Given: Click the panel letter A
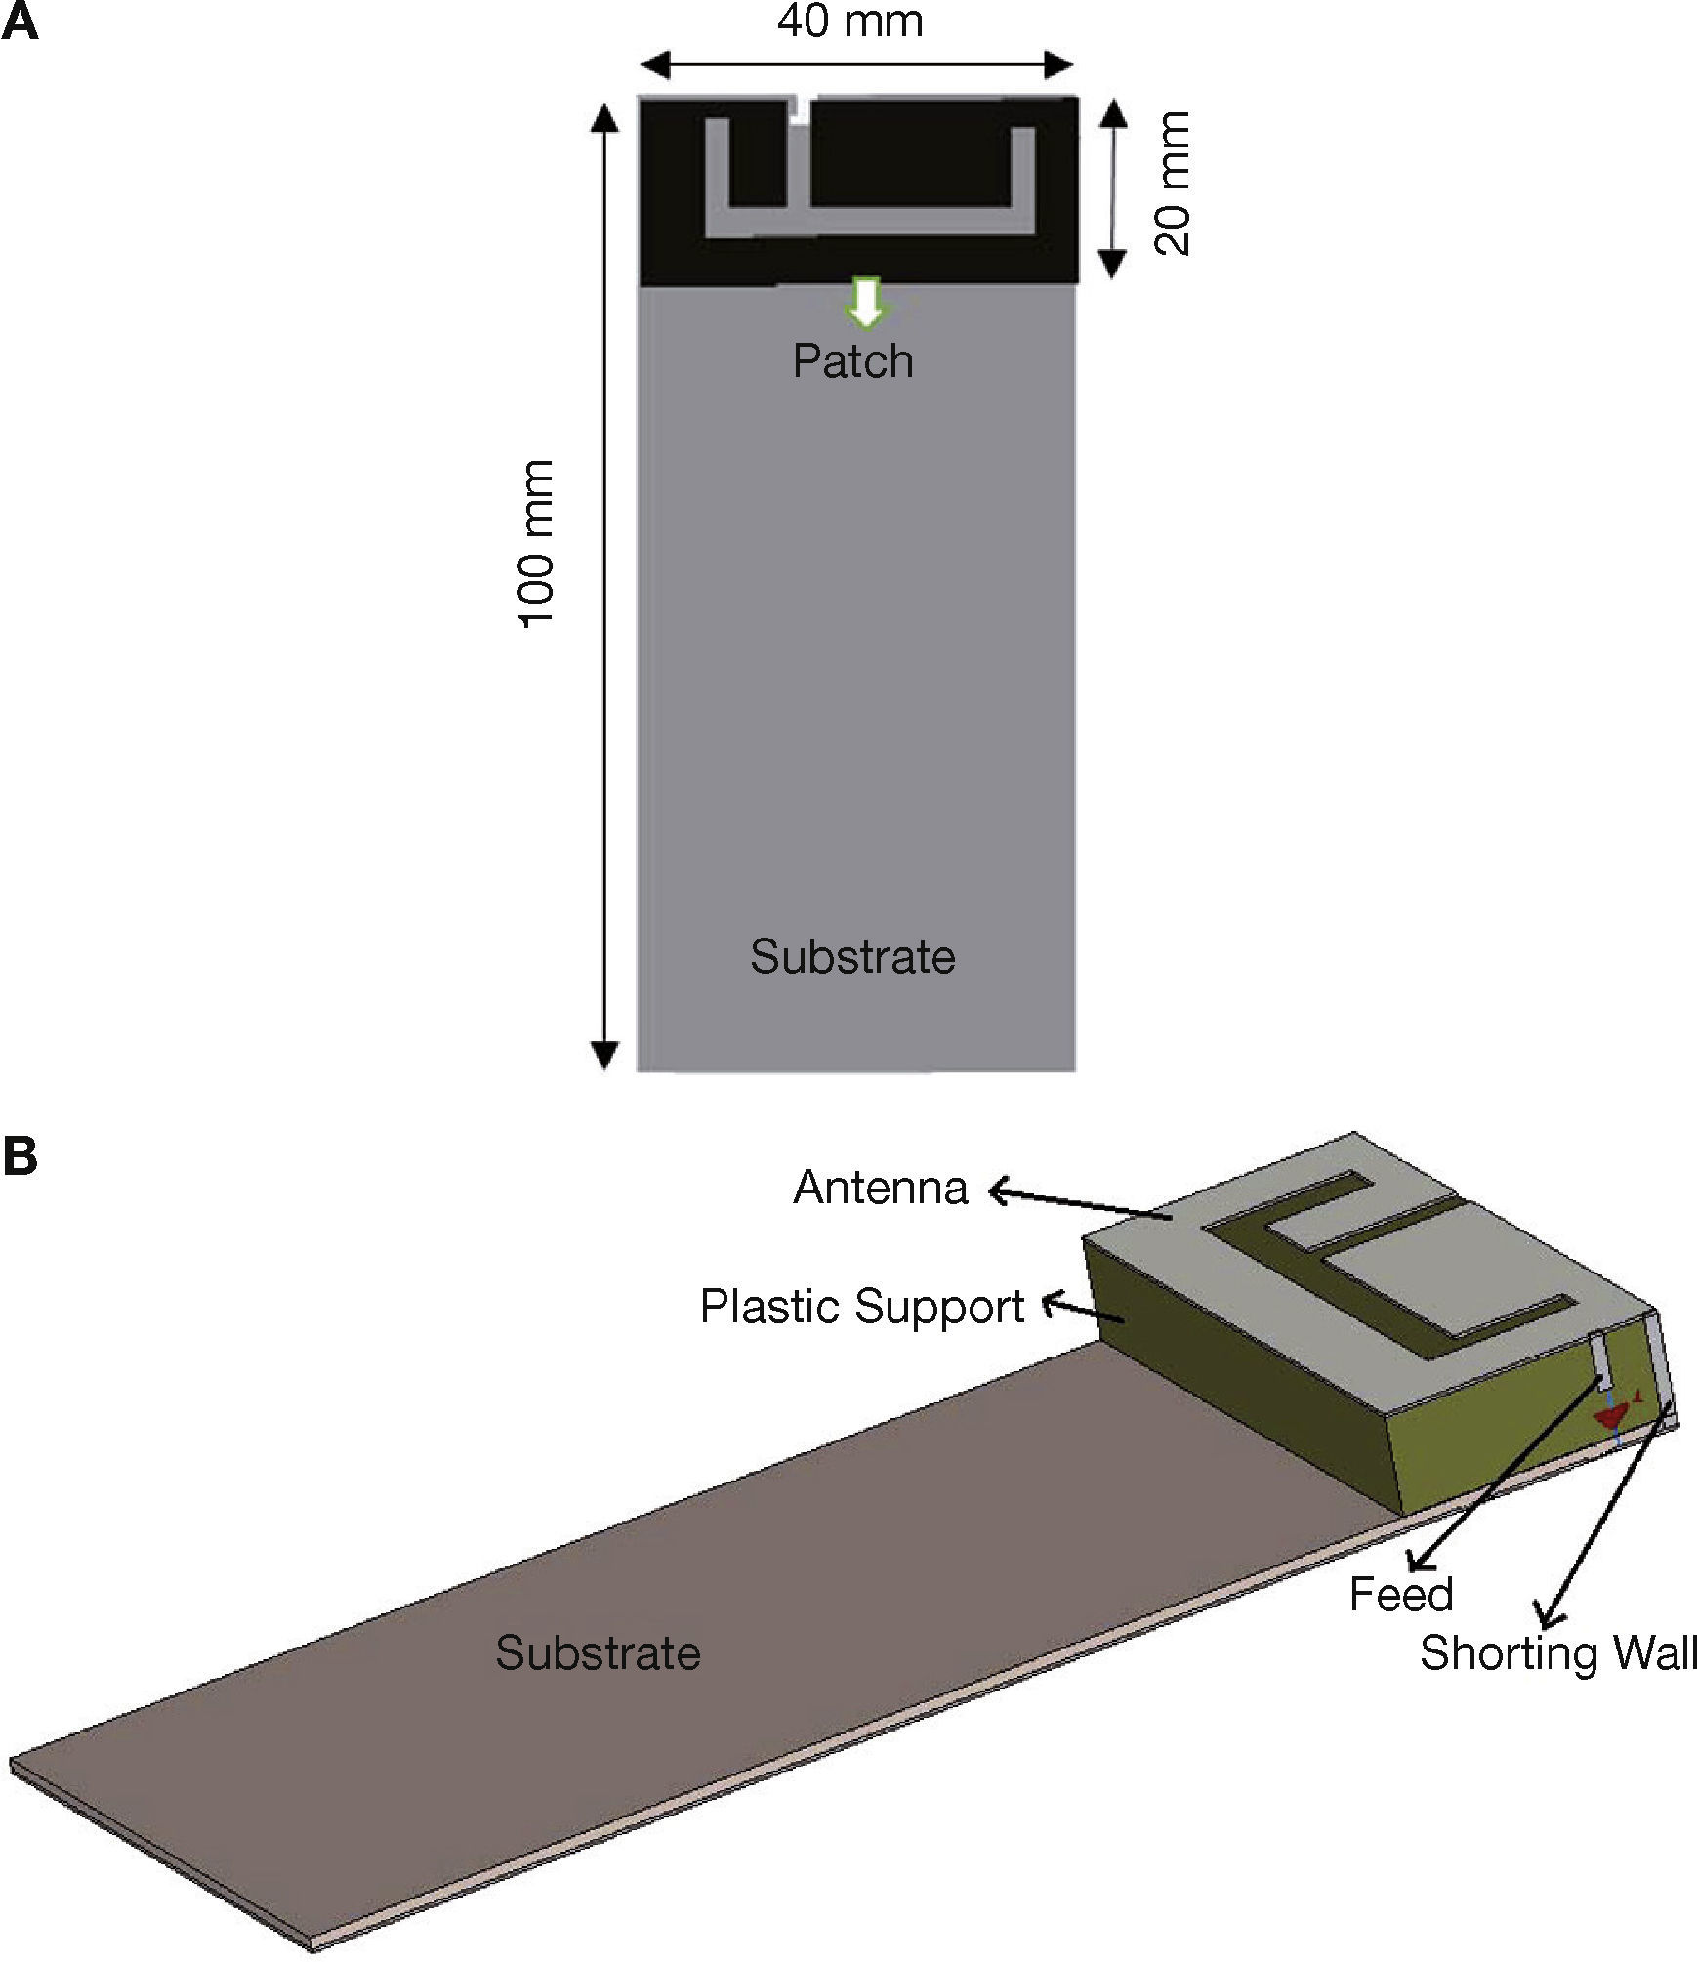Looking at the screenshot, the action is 21,21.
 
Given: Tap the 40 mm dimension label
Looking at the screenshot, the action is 849,21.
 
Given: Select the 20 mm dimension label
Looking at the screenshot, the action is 1173,183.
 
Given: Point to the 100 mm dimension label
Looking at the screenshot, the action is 536,544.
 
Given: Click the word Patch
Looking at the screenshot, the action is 852,361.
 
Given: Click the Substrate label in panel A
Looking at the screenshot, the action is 852,956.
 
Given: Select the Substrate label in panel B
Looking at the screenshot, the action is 598,1652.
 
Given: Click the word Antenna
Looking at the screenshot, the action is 881,1188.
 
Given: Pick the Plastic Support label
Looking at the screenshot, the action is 862,1306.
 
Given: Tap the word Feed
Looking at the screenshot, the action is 1401,1595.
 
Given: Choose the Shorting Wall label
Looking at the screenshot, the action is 1558,1652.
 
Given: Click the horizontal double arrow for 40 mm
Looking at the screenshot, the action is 856,65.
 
